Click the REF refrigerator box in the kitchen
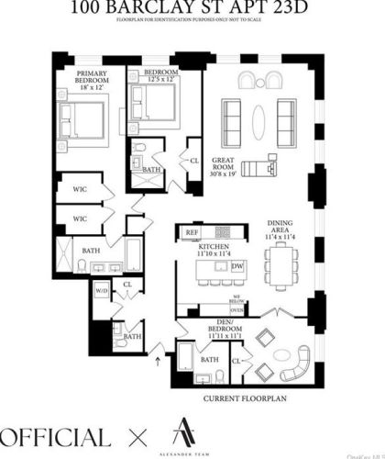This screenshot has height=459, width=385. (x=192, y=233)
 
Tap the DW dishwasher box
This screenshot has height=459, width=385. (x=237, y=266)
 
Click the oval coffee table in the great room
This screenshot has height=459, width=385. (x=261, y=116)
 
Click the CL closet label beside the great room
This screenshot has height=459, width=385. (x=194, y=160)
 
